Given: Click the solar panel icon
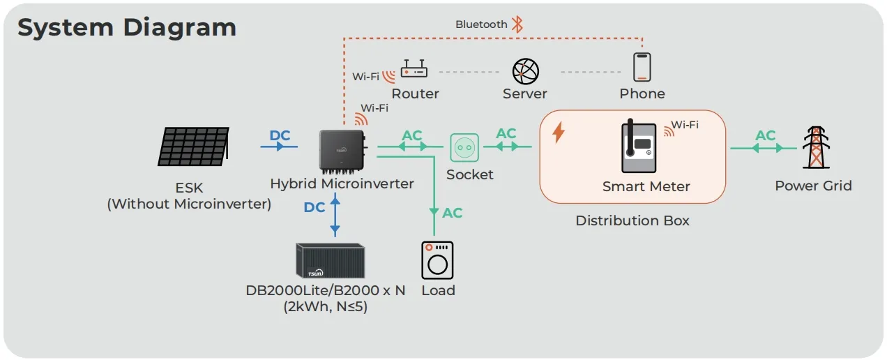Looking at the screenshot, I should (x=193, y=147).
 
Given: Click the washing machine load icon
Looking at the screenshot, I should (x=437, y=260).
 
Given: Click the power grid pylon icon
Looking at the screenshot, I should (x=813, y=147).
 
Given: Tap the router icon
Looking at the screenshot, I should (x=414, y=70).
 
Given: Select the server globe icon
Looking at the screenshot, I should (x=524, y=70).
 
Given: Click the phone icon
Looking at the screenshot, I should (x=642, y=67).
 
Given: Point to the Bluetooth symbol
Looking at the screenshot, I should (x=517, y=24).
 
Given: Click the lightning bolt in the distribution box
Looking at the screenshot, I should (x=559, y=133).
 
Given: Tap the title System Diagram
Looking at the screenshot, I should (x=127, y=28).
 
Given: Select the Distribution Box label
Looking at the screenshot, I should (x=632, y=220).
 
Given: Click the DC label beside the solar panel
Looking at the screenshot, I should (x=280, y=135).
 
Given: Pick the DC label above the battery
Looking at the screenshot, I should (x=314, y=207).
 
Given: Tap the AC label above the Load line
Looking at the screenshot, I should (x=453, y=213).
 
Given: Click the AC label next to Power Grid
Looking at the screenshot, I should (x=765, y=135).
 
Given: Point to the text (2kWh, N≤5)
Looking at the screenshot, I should (x=325, y=306).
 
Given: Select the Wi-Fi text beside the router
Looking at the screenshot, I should (x=365, y=76).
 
